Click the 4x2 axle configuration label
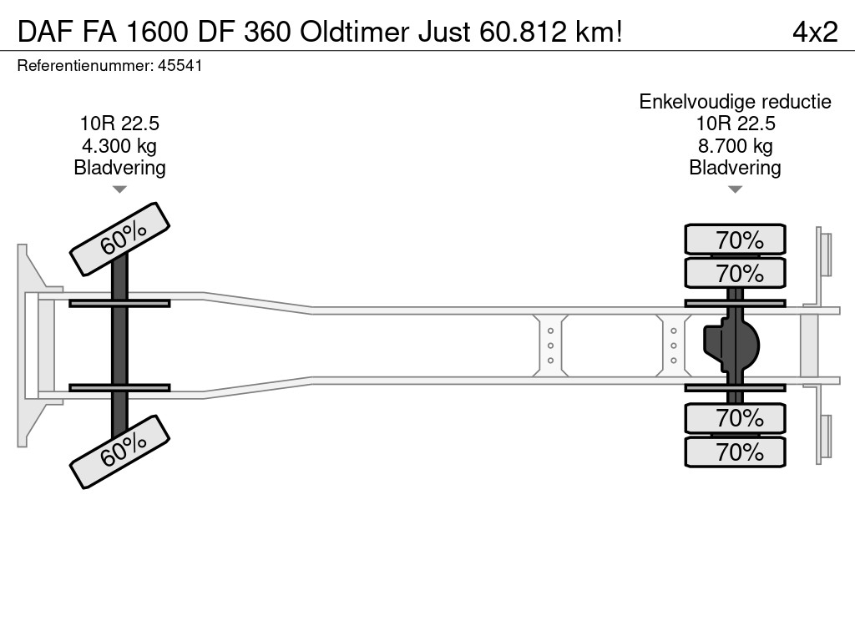(x=814, y=32)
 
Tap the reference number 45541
(x=180, y=66)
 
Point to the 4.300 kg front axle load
(x=119, y=146)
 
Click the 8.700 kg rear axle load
(x=735, y=146)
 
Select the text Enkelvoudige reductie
(x=735, y=102)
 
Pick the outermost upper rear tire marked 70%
(x=736, y=240)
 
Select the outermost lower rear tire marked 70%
(x=736, y=452)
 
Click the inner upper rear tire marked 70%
(x=736, y=273)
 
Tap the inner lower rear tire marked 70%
(x=736, y=417)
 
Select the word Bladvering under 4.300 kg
(x=119, y=168)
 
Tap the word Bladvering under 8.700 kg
(x=735, y=168)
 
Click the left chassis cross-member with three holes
(x=551, y=346)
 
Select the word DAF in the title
(x=43, y=32)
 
